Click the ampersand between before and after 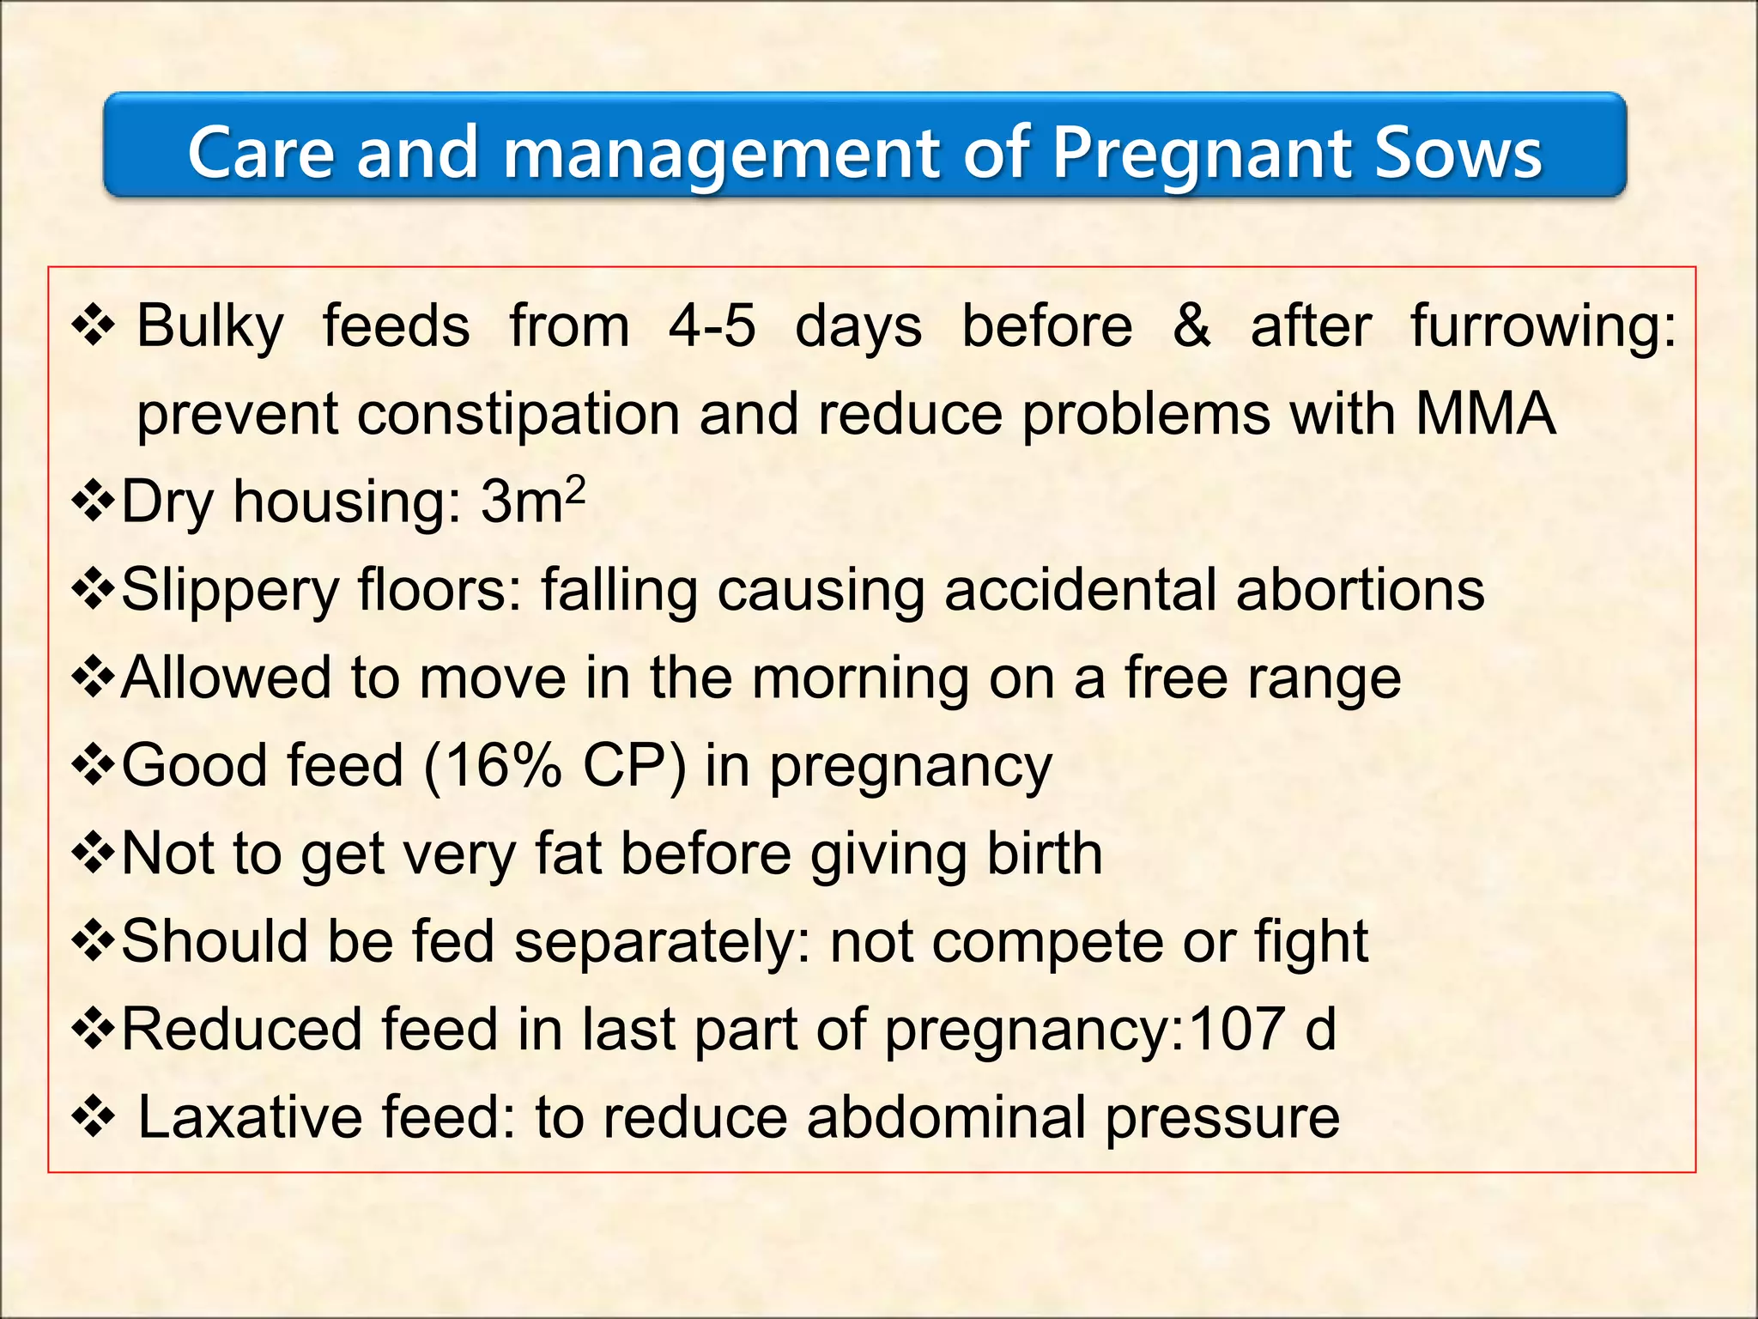[x=1191, y=326]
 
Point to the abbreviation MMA [x=1485, y=415]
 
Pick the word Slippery [x=230, y=591]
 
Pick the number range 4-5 [x=712, y=326]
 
